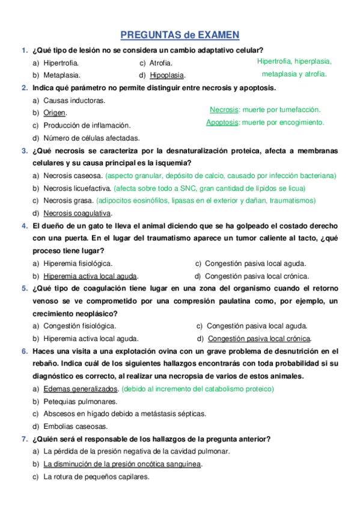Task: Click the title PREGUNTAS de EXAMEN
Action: click(x=180, y=35)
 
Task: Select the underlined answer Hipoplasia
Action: click(x=167, y=75)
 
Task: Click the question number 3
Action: click(x=24, y=151)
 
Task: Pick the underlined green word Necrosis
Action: click(x=224, y=109)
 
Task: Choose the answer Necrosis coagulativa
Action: click(x=77, y=213)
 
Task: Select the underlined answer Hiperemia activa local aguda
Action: click(x=90, y=276)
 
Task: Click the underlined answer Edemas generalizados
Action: click(x=81, y=389)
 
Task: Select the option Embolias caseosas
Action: click(x=76, y=426)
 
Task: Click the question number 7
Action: click(x=24, y=438)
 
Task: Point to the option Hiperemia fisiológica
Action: click(x=78, y=263)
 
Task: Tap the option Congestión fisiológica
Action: click(x=79, y=325)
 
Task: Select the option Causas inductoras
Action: click(x=74, y=100)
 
